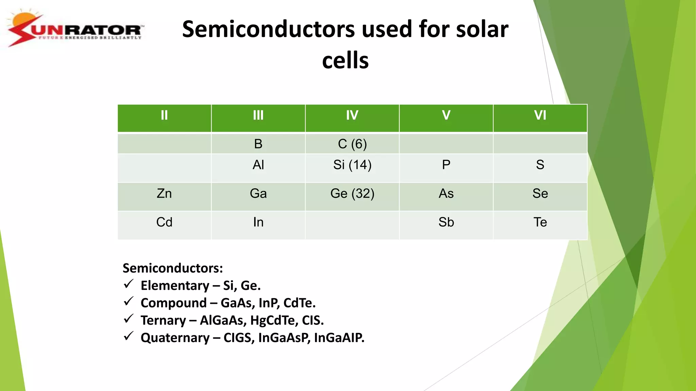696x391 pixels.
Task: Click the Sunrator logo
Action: point(75,29)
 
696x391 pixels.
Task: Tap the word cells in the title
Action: point(345,60)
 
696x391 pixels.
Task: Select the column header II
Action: point(164,115)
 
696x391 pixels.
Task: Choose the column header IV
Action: point(352,115)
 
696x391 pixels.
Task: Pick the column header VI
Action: point(540,115)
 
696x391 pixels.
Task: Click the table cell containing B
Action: point(258,144)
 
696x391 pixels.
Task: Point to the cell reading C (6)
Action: point(352,144)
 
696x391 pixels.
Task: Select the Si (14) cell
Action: point(352,165)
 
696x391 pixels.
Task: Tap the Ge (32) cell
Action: point(352,193)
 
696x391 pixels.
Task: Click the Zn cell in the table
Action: point(164,193)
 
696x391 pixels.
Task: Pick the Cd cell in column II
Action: point(164,222)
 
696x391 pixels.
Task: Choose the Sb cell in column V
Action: point(446,222)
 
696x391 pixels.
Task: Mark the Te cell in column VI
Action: point(540,222)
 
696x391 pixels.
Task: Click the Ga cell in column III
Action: point(258,193)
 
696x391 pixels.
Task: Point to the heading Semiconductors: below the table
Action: point(173,268)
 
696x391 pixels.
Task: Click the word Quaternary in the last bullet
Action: point(175,338)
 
